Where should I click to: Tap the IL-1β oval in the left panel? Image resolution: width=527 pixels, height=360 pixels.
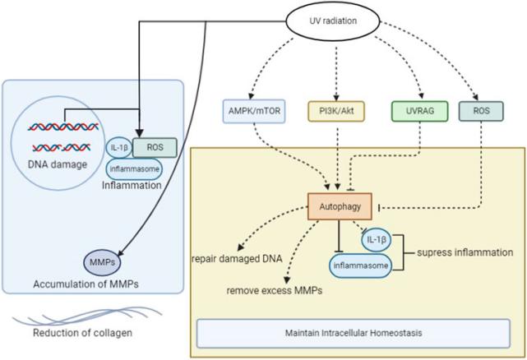pos(120,148)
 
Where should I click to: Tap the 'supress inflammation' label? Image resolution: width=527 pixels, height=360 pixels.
pos(469,254)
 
